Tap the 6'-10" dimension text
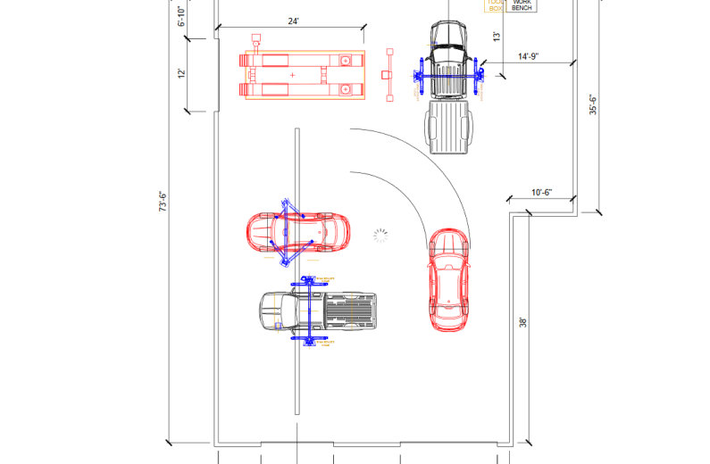click(x=182, y=16)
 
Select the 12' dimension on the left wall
click(x=182, y=73)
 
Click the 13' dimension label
click(x=497, y=37)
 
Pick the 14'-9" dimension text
click(x=530, y=56)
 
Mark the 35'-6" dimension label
click(x=592, y=104)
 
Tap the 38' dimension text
click(x=524, y=322)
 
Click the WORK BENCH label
click(x=522, y=5)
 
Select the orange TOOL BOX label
click(x=494, y=5)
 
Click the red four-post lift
click(x=304, y=75)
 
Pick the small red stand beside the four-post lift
click(x=388, y=76)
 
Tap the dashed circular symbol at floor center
click(x=381, y=236)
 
